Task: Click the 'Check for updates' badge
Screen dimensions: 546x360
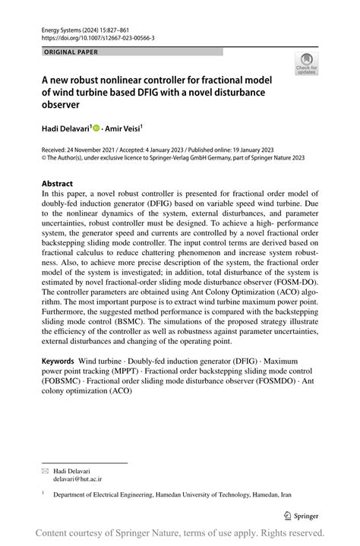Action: (308, 65)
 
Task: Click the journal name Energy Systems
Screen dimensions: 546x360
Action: (61, 28)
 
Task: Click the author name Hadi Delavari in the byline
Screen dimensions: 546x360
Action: (67, 131)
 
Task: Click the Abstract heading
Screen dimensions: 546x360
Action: (58, 184)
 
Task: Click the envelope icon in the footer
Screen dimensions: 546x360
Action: (44, 471)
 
